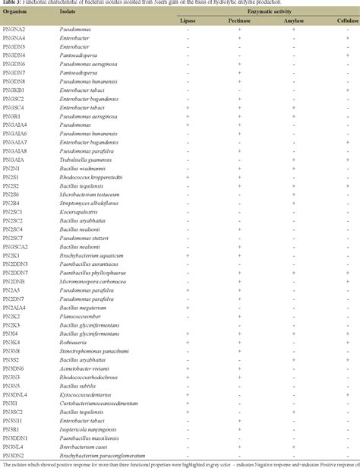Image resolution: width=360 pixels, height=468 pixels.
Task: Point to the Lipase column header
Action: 188,21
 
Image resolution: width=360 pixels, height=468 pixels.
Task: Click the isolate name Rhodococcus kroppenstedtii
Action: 93,177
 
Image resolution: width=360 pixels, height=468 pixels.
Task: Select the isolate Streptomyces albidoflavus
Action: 90,203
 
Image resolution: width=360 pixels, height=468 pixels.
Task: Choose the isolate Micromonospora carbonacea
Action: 93,281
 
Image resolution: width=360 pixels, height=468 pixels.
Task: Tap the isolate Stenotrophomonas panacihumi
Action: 93,351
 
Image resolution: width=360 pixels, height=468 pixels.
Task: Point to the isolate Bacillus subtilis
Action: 77,386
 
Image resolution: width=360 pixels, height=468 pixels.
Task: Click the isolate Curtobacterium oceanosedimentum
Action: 99,403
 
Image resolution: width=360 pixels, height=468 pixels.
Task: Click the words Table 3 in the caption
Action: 11,4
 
